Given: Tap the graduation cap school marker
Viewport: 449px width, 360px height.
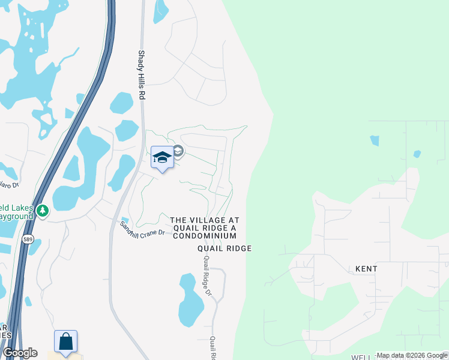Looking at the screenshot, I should pyautogui.click(x=162, y=158).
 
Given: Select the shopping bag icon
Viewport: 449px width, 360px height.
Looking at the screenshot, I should pyautogui.click(x=65, y=342).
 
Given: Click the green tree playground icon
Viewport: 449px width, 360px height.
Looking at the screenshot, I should pyautogui.click(x=42, y=211).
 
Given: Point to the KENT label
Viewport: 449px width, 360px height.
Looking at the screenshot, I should pyautogui.click(x=366, y=269).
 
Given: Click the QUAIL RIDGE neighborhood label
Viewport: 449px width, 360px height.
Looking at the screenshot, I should pyautogui.click(x=225, y=248).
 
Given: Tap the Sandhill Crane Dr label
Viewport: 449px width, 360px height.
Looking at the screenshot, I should pyautogui.click(x=142, y=229).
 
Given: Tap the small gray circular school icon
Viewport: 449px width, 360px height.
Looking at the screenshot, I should pyautogui.click(x=178, y=151).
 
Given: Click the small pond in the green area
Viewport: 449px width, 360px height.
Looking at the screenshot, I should pyautogui.click(x=375, y=140).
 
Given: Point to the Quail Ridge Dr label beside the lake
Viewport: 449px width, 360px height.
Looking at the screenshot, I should pyautogui.click(x=208, y=275).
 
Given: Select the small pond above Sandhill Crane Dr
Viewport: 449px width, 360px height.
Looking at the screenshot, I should pyautogui.click(x=125, y=221).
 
